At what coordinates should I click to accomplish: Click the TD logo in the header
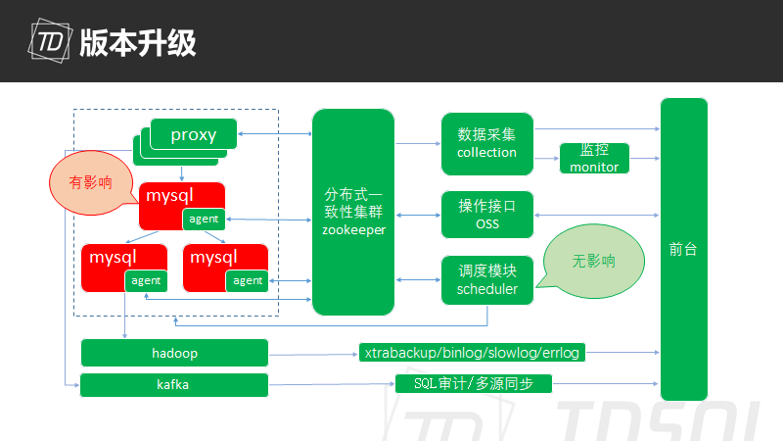coord(51,42)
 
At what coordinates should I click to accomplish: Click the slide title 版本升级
coord(139,42)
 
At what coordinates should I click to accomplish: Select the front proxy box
coord(194,134)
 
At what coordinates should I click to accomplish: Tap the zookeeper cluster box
coord(353,212)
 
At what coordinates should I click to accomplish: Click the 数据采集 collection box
coord(486,142)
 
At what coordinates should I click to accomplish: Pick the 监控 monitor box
coord(594,158)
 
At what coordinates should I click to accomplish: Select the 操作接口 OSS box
coord(486,215)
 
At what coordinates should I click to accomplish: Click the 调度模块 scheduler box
coord(486,278)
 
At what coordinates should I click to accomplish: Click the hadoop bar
coord(174,353)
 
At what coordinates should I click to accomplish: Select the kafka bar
coord(174,385)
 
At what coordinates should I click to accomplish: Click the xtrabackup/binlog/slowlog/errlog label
coord(472,353)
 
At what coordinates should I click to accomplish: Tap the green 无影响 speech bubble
coord(594,262)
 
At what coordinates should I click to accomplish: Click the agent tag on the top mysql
coord(204,219)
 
